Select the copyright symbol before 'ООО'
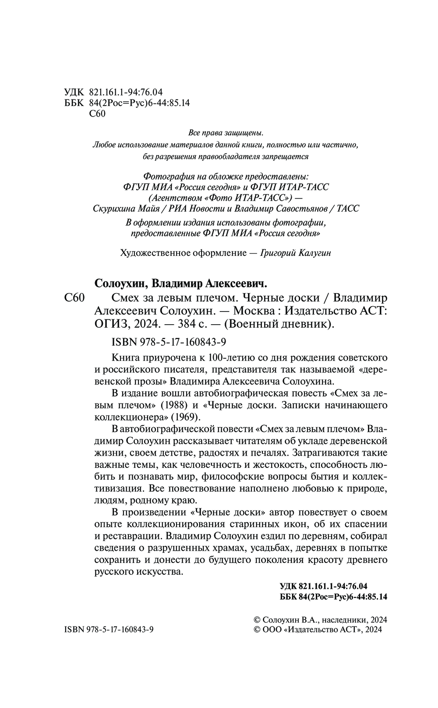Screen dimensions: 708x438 (x=257, y=630)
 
